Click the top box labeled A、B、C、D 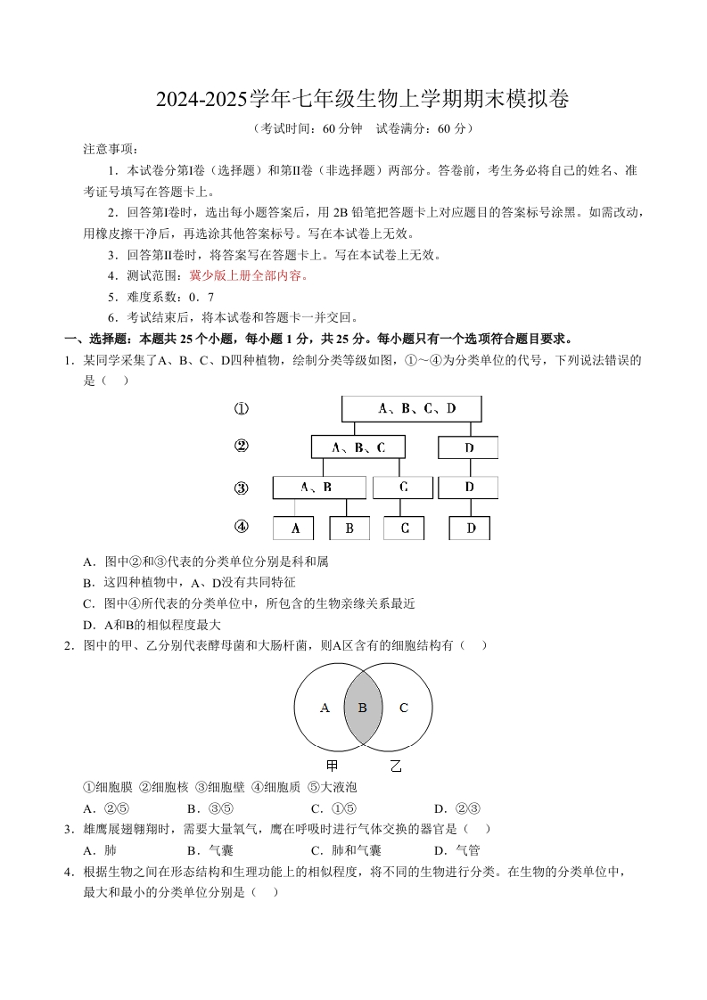[411, 408]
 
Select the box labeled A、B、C [358, 447]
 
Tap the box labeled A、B [318, 488]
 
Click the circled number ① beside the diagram [241, 409]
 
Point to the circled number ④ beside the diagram [241, 527]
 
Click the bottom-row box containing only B [349, 529]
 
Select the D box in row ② [468, 447]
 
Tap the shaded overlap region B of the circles [362, 708]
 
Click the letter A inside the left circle [325, 708]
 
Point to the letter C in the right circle [403, 708]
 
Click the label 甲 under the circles [332, 766]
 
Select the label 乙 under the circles [396, 766]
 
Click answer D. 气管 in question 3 [457, 850]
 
